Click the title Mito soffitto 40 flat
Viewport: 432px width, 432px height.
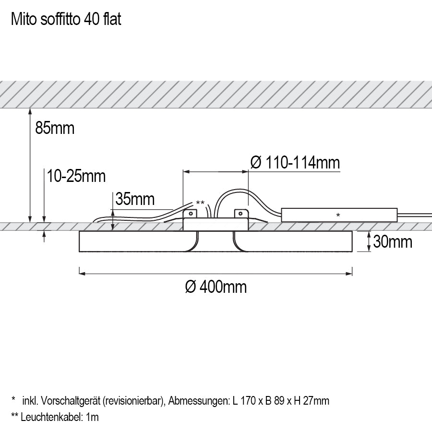pyautogui.click(x=66, y=19)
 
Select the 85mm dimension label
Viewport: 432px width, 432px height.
pyautogui.click(x=55, y=128)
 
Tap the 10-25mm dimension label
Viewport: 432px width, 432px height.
pyautogui.click(x=76, y=176)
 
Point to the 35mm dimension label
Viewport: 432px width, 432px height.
pyautogui.click(x=135, y=199)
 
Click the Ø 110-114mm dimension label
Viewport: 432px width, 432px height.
pyautogui.click(x=295, y=163)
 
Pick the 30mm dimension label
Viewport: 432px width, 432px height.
pyautogui.click(x=393, y=241)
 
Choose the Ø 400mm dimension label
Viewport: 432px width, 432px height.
pyautogui.click(x=216, y=287)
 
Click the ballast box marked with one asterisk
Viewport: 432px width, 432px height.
pyautogui.click(x=338, y=215)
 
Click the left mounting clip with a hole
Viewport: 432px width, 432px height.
pyautogui.click(x=191, y=213)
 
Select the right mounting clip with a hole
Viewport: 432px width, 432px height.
pyautogui.click(x=240, y=213)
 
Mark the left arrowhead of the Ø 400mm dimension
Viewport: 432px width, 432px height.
pyautogui.click(x=82, y=274)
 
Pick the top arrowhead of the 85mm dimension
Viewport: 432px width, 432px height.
pyautogui.click(x=30, y=112)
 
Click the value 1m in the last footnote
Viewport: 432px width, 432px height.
pyautogui.click(x=93, y=417)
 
